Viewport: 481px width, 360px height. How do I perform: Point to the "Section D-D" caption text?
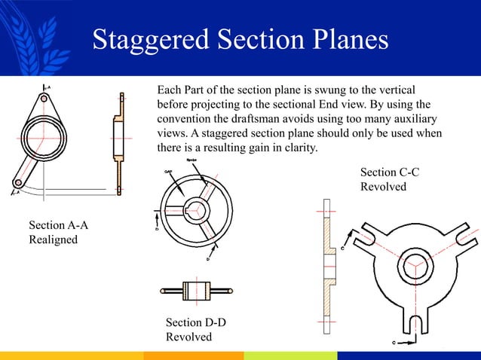point(195,322)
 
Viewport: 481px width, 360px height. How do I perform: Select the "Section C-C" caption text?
point(390,172)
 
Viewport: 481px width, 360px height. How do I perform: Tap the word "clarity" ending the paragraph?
point(299,147)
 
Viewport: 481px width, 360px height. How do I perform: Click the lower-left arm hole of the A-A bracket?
point(17,182)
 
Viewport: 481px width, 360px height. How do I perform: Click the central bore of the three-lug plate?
point(414,266)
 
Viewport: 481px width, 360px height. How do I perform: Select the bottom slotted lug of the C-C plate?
point(414,325)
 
